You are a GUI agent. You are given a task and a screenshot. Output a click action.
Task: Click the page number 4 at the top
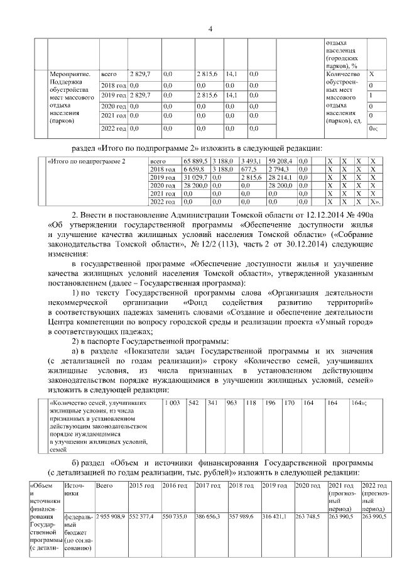(210, 27)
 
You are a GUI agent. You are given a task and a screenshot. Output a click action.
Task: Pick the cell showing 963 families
(232, 402)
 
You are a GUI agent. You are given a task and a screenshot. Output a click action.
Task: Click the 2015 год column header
(141, 486)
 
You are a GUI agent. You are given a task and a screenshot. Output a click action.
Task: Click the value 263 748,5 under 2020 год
(309, 516)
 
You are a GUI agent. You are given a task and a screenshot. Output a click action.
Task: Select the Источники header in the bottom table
(73, 490)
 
